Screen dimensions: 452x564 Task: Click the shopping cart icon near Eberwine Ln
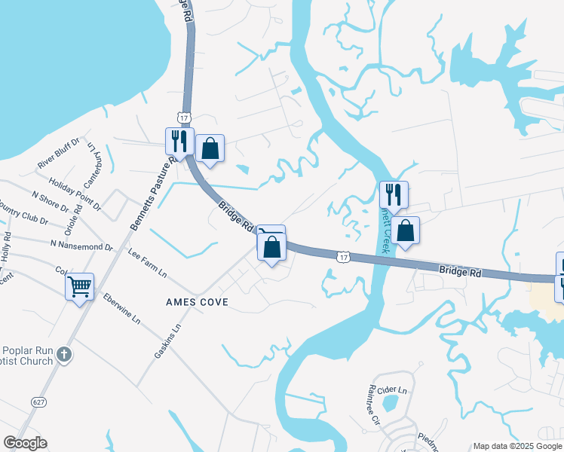pos(79,286)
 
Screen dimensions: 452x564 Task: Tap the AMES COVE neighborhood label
pos(197,301)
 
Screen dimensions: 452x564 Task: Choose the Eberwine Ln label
pos(121,309)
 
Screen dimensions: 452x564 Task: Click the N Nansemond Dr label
pos(81,246)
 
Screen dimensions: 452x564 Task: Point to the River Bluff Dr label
pos(59,154)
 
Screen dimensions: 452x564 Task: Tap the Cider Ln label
pos(391,390)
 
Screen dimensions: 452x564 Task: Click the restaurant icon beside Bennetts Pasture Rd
pos(179,141)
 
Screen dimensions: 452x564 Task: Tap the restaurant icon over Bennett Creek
pos(393,194)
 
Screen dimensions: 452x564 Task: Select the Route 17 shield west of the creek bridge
pos(344,258)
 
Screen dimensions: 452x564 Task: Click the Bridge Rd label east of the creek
pos(460,272)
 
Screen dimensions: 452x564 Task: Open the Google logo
pos(25,443)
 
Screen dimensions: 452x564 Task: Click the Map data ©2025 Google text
pos(518,446)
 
